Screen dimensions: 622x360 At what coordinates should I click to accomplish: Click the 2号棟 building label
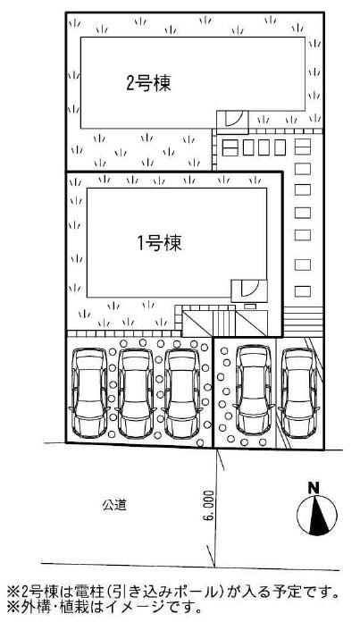click(x=148, y=85)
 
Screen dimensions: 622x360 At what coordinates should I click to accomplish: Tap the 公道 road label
click(x=113, y=505)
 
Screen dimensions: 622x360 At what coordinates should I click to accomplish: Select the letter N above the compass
click(x=314, y=488)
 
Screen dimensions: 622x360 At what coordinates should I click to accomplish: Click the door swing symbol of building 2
click(x=232, y=120)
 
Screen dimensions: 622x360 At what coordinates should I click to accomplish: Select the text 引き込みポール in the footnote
click(x=163, y=592)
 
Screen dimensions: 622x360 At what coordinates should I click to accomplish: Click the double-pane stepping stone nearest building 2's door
click(x=230, y=146)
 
